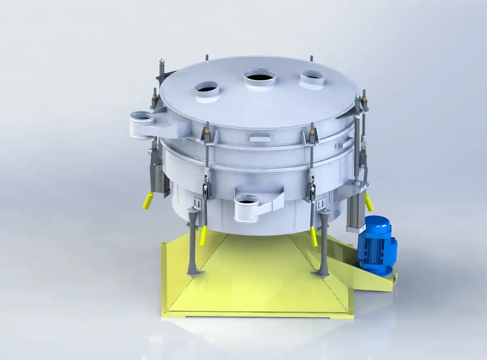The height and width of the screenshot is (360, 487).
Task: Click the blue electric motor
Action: [377, 245]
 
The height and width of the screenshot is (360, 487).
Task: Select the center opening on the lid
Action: [259, 77]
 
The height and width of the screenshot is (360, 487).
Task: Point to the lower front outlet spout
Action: [246, 207]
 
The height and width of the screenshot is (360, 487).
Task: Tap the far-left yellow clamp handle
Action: [148, 200]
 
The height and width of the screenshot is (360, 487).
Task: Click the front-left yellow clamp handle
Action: [203, 236]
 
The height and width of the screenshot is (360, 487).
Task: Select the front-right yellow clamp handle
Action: [313, 236]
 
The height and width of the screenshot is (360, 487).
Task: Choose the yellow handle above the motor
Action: [369, 201]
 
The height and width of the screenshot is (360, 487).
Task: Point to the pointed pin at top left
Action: [162, 63]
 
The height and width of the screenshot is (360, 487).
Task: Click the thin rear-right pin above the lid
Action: [311, 58]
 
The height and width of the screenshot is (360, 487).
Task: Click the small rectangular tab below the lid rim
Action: [259, 138]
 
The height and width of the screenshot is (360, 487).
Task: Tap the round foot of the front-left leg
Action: [196, 273]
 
